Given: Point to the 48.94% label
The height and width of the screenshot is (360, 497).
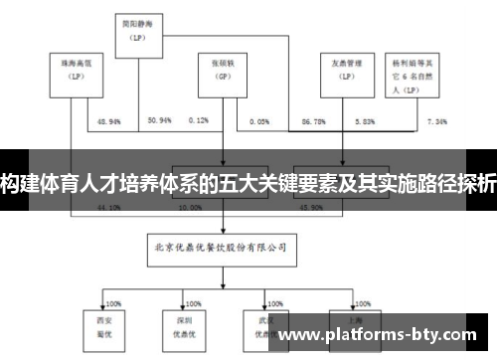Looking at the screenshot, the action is tap(109, 120).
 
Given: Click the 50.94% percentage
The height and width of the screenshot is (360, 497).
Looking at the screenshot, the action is tap(159, 120).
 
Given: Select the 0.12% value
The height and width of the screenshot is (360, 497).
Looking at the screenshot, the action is tap(198, 120).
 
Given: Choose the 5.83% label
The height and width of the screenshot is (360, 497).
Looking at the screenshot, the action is tap(365, 120).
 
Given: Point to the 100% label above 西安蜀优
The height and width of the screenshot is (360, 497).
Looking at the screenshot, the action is tap(112, 303).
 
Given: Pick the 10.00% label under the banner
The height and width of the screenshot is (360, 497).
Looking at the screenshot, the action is tap(189, 209).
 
